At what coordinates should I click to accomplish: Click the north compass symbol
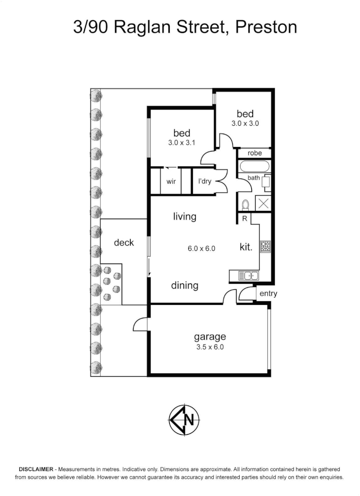click(184, 419)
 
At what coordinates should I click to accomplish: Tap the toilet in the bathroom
click(245, 204)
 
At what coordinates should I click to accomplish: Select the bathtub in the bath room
click(253, 167)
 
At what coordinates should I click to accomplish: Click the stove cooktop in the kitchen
click(266, 246)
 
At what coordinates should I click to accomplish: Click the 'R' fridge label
click(245, 219)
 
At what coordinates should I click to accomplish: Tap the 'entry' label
click(268, 294)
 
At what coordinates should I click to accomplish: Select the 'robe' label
click(254, 153)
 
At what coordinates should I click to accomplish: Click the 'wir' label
click(171, 181)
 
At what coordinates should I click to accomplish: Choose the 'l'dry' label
click(204, 181)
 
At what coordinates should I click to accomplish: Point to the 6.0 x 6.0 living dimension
click(202, 248)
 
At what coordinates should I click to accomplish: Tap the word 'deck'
click(124, 242)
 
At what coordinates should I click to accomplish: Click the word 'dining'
click(185, 286)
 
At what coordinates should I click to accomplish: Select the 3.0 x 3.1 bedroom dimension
click(182, 142)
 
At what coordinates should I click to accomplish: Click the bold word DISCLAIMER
click(36, 469)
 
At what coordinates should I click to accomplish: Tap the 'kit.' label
click(246, 247)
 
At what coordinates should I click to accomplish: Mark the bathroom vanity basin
click(266, 182)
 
